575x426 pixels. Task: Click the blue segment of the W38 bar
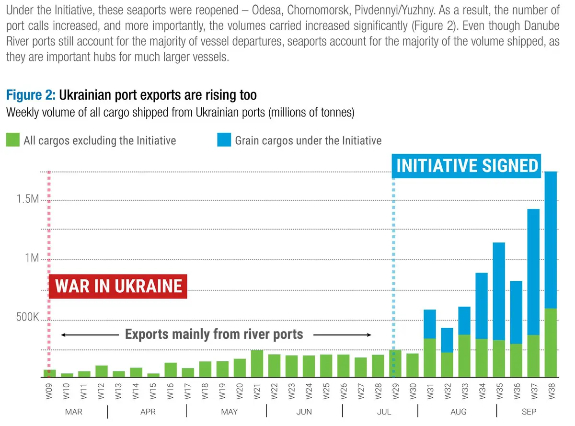point(551,240)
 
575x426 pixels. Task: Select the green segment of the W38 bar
point(551,342)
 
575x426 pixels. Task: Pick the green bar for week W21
point(257,363)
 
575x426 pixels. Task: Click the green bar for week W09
point(49,373)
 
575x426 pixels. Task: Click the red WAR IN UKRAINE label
point(118,286)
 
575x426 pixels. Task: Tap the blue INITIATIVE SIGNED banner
point(467,166)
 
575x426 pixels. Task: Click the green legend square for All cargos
point(12,140)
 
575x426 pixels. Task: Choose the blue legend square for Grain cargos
point(223,140)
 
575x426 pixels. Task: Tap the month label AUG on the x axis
point(459,412)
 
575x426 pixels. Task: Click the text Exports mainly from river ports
point(214,334)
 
